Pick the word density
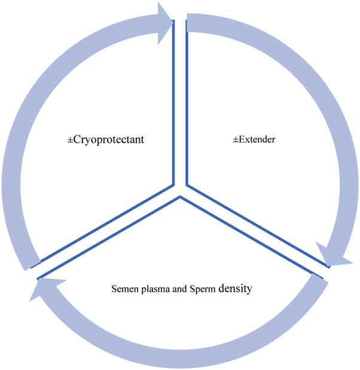235,288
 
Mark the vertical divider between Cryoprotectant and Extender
180,102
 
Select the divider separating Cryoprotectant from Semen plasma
108,233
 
